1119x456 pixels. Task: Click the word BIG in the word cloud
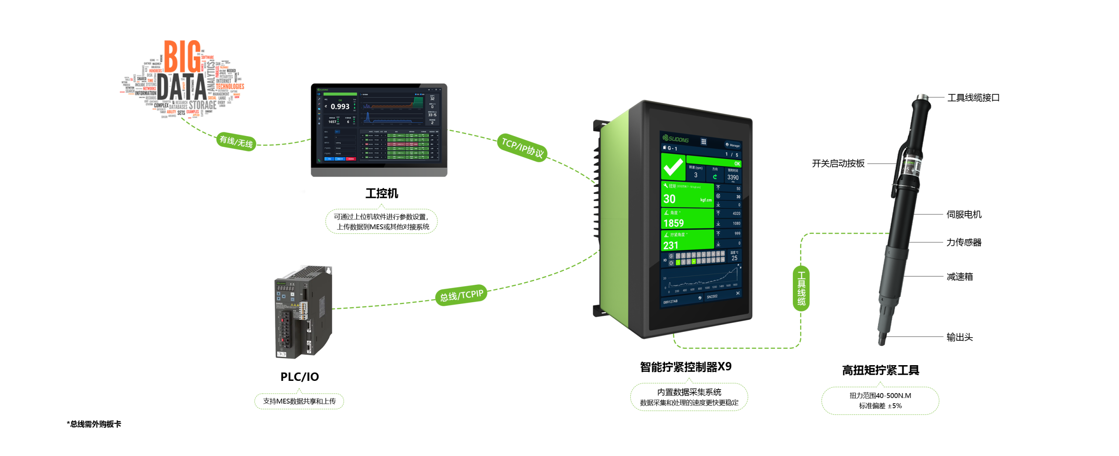tap(182, 57)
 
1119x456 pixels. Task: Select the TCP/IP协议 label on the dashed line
tap(522, 148)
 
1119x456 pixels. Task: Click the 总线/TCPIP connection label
tap(462, 296)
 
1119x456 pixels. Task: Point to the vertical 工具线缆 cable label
tap(801, 288)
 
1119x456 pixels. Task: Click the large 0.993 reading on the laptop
tap(340, 107)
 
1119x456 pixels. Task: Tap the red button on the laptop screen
tap(351, 159)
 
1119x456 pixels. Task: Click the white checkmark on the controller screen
tap(673, 166)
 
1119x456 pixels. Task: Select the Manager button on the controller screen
tap(733, 145)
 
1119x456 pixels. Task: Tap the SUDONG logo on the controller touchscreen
tap(676, 139)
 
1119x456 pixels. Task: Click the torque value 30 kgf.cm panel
tap(687, 196)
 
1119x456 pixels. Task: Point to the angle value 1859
tap(674, 223)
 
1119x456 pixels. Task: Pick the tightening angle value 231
tap(671, 245)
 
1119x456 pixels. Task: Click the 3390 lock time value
tap(733, 177)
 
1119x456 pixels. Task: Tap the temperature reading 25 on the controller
tap(734, 258)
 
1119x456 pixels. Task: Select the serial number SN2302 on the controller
tap(712, 297)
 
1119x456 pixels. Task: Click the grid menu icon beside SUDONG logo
tap(704, 142)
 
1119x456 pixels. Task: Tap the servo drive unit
tap(303, 312)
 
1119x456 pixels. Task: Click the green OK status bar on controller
tap(713, 162)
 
